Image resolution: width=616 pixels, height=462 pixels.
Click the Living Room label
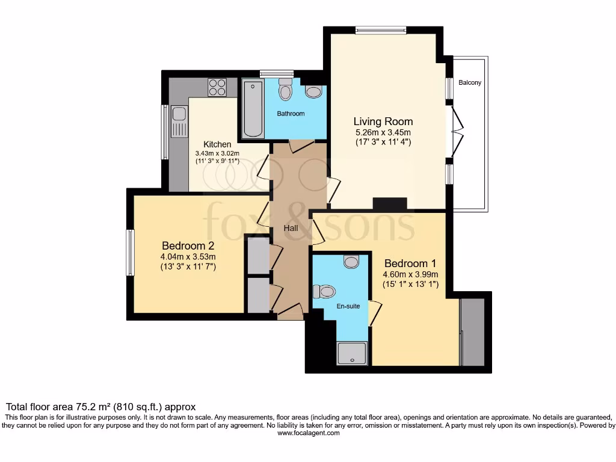click(383, 122)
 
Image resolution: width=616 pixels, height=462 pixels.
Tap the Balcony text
click(469, 83)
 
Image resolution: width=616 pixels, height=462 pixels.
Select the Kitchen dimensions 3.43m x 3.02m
click(217, 153)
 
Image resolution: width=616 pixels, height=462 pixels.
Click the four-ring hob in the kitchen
click(217, 88)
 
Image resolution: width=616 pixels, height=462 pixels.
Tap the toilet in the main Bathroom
click(285, 91)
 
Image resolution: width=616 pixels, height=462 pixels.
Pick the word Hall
click(291, 228)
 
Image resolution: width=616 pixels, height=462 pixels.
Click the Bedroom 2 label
click(188, 245)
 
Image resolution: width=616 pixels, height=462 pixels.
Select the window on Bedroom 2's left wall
click(130, 253)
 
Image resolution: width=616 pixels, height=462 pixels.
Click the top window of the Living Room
click(381, 30)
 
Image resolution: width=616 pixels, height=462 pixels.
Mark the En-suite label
click(348, 306)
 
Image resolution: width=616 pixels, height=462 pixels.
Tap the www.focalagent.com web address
click(308, 433)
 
